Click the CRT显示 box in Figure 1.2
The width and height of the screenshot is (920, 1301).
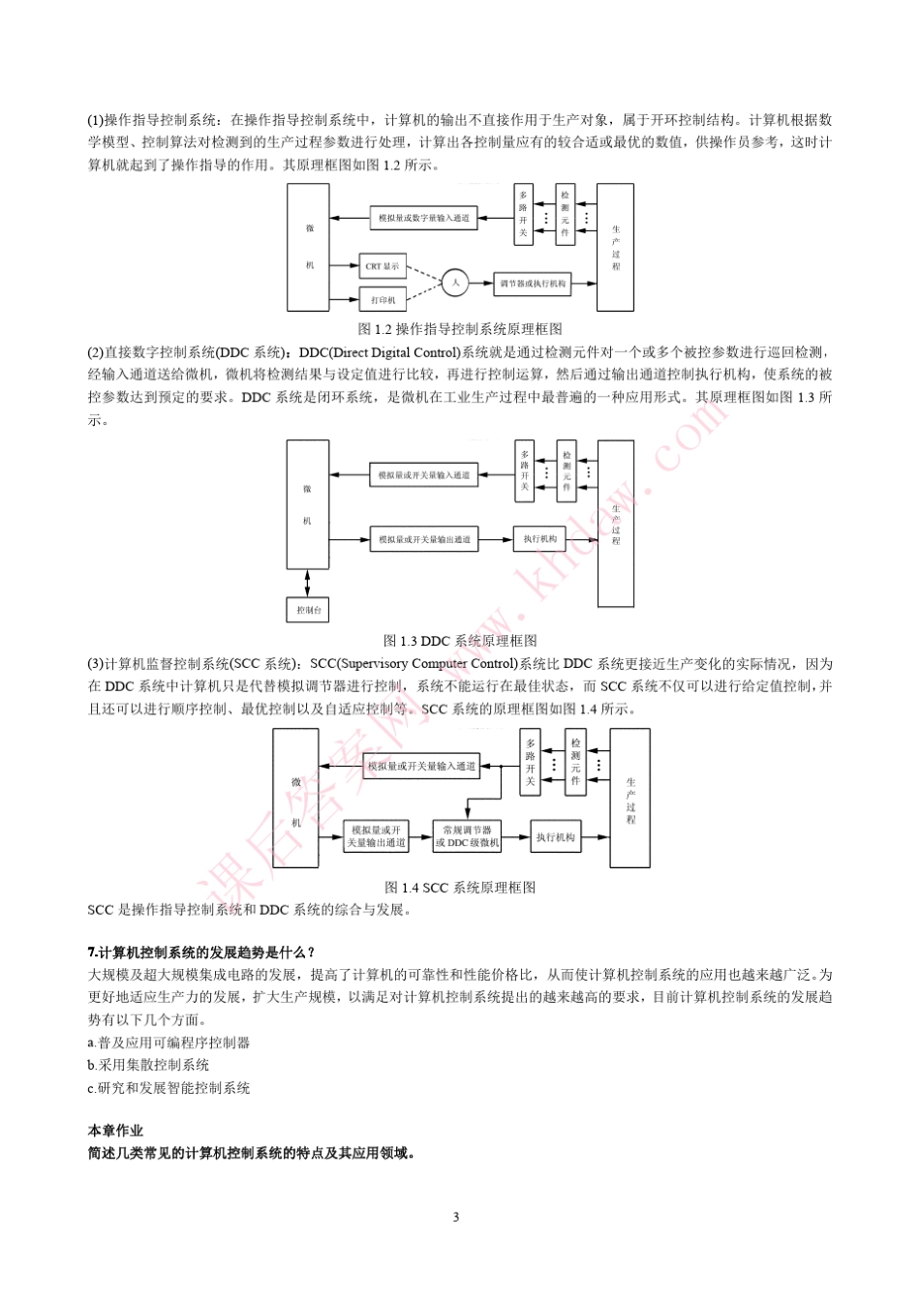click(x=382, y=266)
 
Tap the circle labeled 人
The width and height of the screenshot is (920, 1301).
click(x=455, y=284)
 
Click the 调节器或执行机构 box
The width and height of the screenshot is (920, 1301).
click(x=532, y=284)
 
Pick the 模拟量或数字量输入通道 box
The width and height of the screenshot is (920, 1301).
click(x=423, y=218)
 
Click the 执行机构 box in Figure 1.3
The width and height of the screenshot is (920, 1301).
click(x=539, y=539)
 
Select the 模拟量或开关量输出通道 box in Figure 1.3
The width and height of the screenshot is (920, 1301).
click(x=424, y=539)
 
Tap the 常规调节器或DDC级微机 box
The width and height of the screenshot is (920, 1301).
click(x=468, y=836)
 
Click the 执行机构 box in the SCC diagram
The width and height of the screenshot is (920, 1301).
click(x=555, y=837)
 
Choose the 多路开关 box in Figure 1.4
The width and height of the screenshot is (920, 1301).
click(x=530, y=762)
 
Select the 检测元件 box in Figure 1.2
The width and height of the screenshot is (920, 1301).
click(x=566, y=213)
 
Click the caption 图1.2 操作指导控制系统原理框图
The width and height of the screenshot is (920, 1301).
click(x=459, y=329)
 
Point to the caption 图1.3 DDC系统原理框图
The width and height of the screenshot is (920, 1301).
click(x=460, y=641)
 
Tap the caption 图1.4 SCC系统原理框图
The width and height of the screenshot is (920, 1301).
click(x=460, y=887)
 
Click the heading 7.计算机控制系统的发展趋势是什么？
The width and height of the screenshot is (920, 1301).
click(x=201, y=953)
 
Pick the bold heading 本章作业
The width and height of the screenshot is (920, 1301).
click(x=114, y=1130)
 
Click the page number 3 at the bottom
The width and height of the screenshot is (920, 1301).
click(x=456, y=1217)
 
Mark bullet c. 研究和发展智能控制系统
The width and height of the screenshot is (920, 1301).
click(x=169, y=1088)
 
